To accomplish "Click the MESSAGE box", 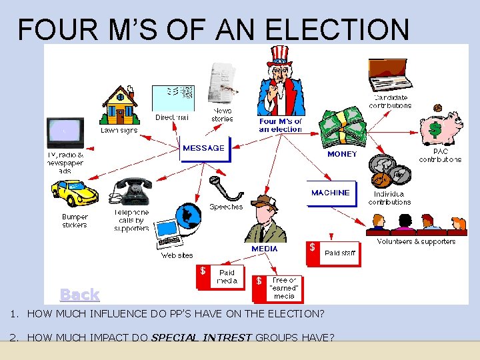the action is (204, 148).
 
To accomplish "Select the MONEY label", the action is (342, 154).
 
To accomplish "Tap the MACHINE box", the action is (330, 193).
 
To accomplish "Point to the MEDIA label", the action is (265, 249).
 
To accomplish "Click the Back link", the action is (79, 294).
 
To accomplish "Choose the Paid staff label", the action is (340, 253).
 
